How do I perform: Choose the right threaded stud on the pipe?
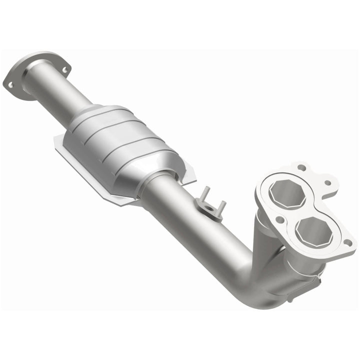(221, 206)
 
